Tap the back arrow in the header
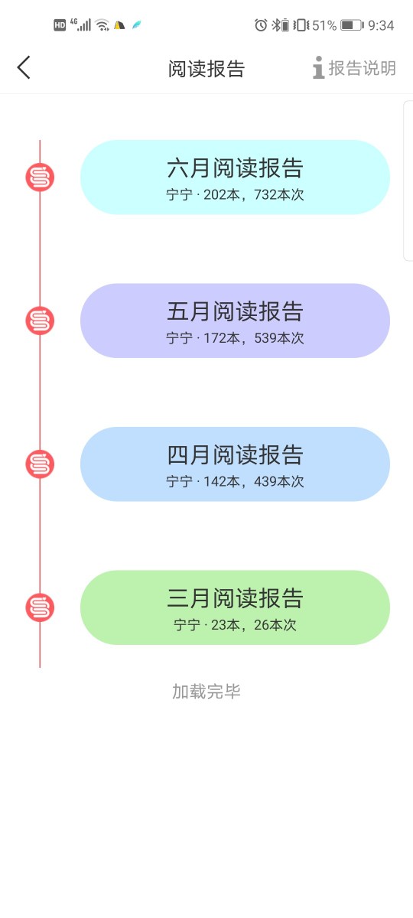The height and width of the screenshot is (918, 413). [x=24, y=67]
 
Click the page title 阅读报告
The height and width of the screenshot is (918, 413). [x=206, y=68]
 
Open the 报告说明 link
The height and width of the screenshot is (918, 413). [x=354, y=67]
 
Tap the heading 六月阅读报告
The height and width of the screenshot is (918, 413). [x=235, y=168]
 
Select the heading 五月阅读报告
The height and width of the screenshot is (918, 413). [x=235, y=311]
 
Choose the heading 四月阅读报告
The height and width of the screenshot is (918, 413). [x=235, y=455]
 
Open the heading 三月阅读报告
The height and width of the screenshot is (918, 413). [x=235, y=598]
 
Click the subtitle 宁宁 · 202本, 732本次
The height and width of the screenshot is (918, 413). [x=235, y=194]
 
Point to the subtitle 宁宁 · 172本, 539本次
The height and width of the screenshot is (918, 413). [x=235, y=338]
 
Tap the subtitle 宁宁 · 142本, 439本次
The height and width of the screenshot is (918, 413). [x=235, y=481]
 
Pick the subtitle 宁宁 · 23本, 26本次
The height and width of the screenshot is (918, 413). [x=235, y=625]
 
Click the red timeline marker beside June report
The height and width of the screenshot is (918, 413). [x=40, y=177]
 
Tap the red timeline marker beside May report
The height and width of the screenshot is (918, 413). [x=40, y=321]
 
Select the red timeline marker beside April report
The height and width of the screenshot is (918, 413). [x=40, y=464]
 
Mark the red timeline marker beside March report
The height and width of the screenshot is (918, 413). [x=40, y=607]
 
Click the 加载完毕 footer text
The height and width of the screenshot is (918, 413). [x=206, y=692]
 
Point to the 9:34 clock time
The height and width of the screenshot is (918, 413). [x=381, y=25]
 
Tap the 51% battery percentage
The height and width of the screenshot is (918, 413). [x=324, y=25]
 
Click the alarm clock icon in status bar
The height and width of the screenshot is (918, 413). [x=261, y=25]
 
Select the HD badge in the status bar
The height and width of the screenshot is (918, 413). [x=60, y=25]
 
